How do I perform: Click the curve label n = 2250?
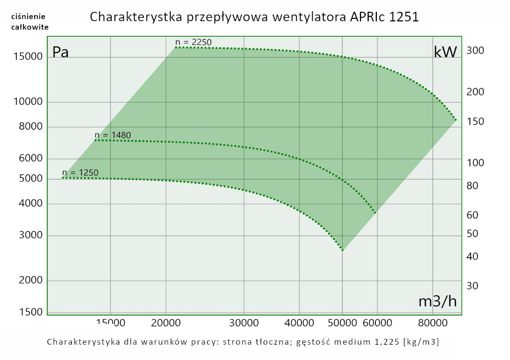193,42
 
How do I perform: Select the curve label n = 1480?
113,135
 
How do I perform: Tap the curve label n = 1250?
80,172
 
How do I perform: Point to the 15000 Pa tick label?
28,57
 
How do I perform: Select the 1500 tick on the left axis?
31,312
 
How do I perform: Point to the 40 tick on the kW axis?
472,256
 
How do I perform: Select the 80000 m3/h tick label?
433,323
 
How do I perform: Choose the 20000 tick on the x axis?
166,323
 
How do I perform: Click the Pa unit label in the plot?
61,53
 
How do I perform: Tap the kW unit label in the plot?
445,52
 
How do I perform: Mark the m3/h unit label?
438,301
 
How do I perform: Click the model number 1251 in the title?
403,17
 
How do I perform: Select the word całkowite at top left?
30,27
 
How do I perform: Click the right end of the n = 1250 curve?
343,250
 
